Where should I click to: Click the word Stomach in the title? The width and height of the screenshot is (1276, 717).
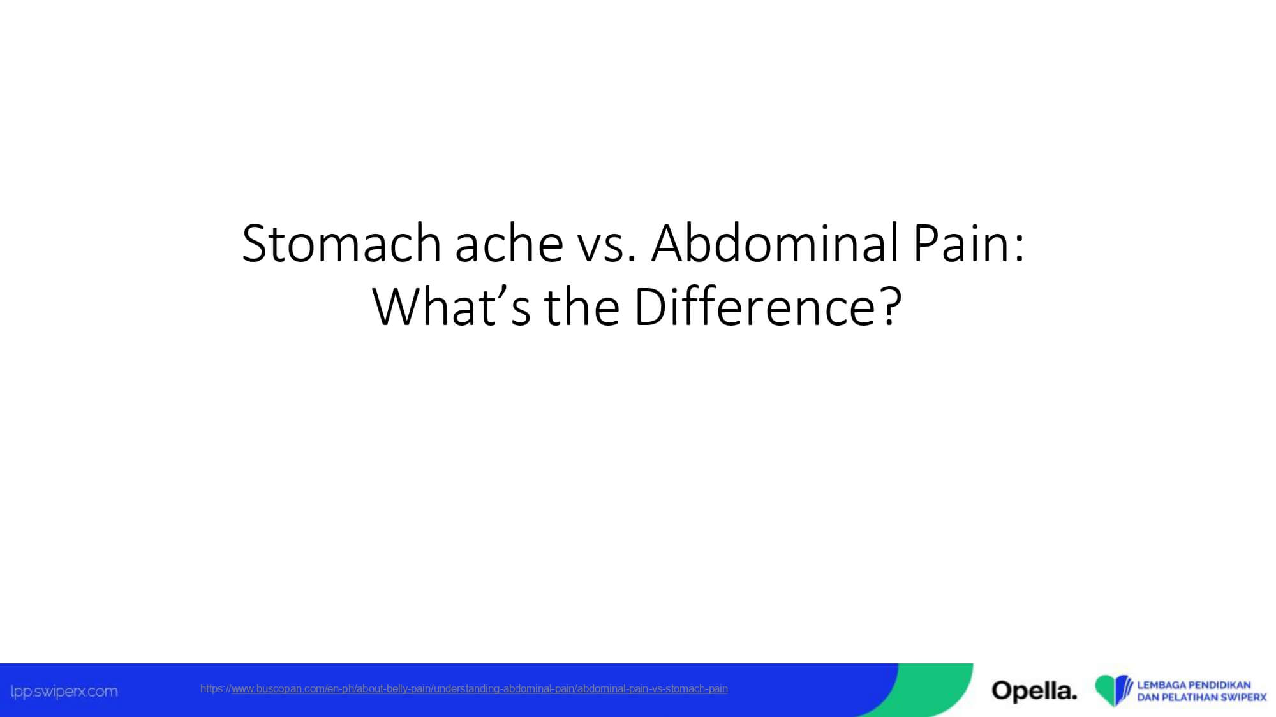tap(342, 243)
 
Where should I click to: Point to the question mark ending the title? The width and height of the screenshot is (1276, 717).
tap(891, 307)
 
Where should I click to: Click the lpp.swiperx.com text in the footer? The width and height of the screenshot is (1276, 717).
tap(64, 692)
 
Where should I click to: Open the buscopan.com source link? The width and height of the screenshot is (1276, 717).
tap(464, 689)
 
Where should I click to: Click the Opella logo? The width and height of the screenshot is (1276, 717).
tap(1034, 690)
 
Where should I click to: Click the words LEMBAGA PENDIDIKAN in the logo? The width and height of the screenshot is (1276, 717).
tap(1194, 685)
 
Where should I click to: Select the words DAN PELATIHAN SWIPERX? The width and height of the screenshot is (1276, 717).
tap(1202, 697)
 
